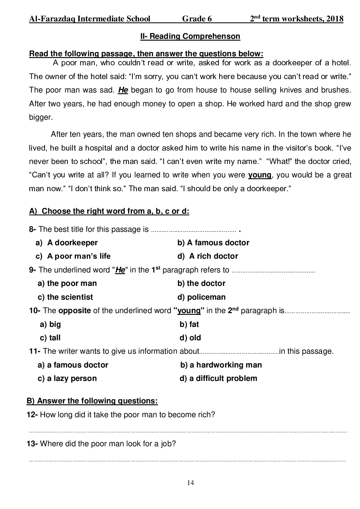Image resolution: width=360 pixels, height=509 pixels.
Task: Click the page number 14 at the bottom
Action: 191,483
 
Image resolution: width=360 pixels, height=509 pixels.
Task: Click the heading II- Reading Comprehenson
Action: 190,36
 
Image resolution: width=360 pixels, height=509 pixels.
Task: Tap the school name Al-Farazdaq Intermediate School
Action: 90,19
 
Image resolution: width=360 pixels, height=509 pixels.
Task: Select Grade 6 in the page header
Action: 197,19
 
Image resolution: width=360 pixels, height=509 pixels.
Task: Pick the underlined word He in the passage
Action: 123,90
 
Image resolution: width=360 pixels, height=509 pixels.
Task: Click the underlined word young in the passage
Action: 259,175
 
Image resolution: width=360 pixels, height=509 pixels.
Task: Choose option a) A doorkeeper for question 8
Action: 67,243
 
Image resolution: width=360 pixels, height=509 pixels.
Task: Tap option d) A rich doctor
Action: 208,256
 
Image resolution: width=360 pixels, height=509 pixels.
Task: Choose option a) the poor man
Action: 67,283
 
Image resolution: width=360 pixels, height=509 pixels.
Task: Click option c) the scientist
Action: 65,297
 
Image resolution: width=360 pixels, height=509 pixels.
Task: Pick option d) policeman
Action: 201,297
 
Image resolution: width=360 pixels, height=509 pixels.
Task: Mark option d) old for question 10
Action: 190,338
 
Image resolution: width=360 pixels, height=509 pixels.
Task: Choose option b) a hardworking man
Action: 221,365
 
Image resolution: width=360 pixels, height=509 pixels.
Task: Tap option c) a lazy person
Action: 67,378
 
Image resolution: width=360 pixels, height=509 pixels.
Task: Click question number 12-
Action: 32,415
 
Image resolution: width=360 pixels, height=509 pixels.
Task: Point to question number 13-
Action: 32,443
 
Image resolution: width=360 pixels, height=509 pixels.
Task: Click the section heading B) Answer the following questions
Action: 92,401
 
